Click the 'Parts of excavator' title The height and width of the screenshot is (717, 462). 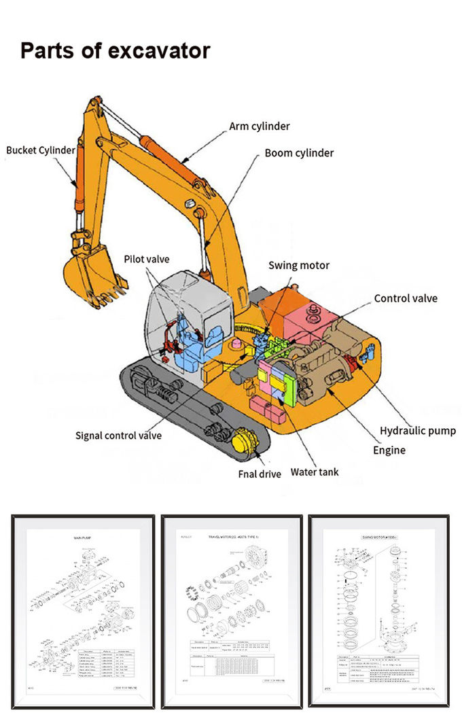pyautogui.click(x=115, y=51)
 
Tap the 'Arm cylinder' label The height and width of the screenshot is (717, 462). pyautogui.click(x=259, y=126)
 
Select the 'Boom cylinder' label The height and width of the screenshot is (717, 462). pyautogui.click(x=299, y=153)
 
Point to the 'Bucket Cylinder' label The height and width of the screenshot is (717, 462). pyautogui.click(x=41, y=150)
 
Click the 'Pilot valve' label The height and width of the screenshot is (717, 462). pyautogui.click(x=147, y=259)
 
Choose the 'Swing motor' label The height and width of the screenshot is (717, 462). pyautogui.click(x=299, y=265)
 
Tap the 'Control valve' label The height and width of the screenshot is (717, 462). pyautogui.click(x=406, y=298)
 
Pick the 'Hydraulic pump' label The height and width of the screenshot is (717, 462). pyautogui.click(x=418, y=431)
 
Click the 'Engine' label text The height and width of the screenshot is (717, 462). pyautogui.click(x=389, y=450)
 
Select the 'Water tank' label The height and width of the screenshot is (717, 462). pyautogui.click(x=315, y=472)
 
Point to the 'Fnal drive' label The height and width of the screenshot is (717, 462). pyautogui.click(x=260, y=474)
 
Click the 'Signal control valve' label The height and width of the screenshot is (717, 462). pyautogui.click(x=118, y=435)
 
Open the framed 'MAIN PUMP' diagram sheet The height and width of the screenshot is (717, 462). pyautogui.click(x=83, y=612)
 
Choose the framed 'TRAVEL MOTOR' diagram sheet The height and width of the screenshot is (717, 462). pyautogui.click(x=231, y=612)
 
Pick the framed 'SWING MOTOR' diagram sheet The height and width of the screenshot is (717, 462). pyautogui.click(x=378, y=612)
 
